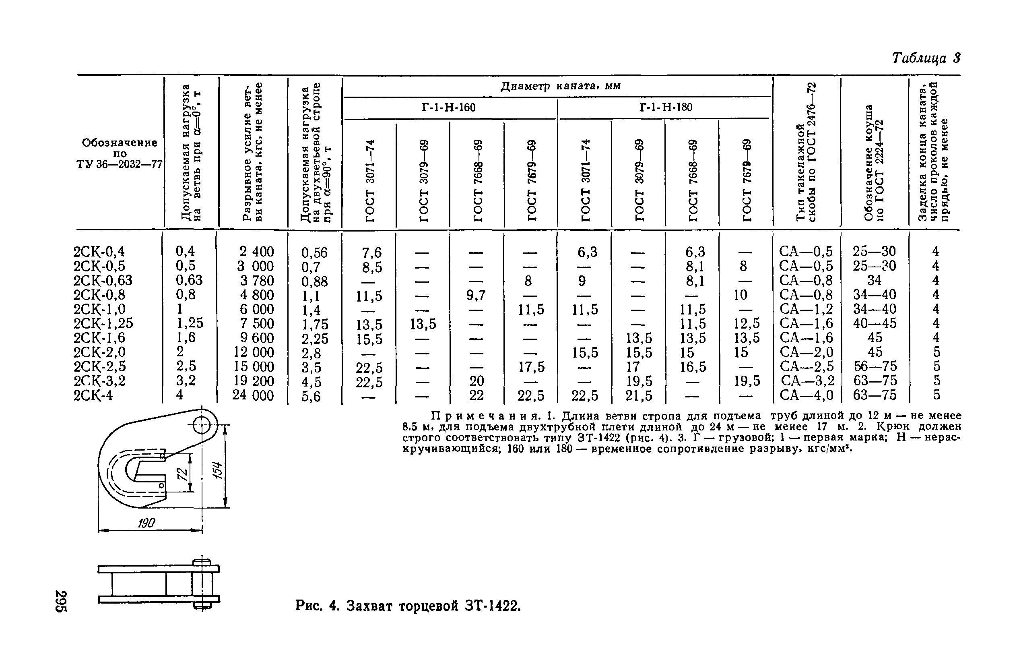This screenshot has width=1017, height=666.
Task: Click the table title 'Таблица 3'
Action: [x=926, y=58]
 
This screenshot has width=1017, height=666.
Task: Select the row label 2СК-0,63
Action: [x=103, y=280]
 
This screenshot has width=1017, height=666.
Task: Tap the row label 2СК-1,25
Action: [x=103, y=324]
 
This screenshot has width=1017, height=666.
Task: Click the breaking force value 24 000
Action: [x=253, y=395]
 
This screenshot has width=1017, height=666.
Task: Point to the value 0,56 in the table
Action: [x=314, y=252]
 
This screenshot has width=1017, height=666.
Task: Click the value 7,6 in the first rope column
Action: [x=371, y=252]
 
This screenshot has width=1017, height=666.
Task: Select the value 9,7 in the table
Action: [x=476, y=295]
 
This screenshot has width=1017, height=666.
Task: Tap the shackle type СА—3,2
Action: [x=807, y=381]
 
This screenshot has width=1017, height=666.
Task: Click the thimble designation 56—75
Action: [x=875, y=366]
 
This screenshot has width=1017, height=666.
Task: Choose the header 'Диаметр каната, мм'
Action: [x=560, y=86]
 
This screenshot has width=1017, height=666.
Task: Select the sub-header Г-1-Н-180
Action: [x=665, y=107]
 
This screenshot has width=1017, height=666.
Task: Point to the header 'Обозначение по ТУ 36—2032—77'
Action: [x=119, y=153]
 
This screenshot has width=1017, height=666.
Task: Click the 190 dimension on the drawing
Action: [x=146, y=523]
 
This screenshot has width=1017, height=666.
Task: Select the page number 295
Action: [x=61, y=601]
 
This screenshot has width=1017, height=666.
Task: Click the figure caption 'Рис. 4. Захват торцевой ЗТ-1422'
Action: [x=408, y=606]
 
